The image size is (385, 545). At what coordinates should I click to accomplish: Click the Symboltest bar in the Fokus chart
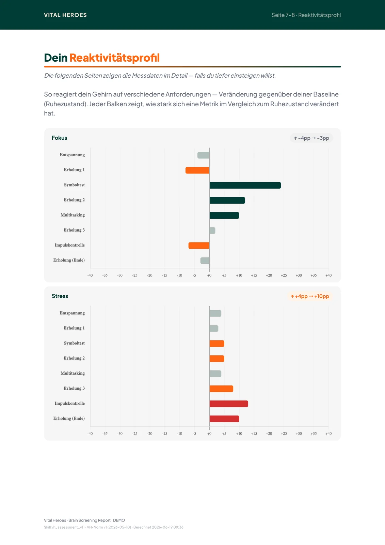(x=245, y=185)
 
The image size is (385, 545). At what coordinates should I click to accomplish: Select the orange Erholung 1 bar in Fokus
(x=197, y=170)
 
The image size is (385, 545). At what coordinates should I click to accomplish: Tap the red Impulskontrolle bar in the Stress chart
(x=229, y=404)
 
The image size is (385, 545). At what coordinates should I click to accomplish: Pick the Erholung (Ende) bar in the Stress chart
(x=224, y=419)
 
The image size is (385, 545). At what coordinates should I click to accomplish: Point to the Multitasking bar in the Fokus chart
(x=224, y=215)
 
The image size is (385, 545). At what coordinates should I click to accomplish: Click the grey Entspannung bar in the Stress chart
(x=215, y=313)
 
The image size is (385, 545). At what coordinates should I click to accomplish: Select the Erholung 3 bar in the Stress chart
(x=221, y=389)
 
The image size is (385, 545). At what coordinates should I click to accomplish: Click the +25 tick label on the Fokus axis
(x=284, y=276)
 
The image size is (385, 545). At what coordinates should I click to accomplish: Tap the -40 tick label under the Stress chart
(x=90, y=434)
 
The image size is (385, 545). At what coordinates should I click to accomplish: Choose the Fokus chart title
(x=59, y=138)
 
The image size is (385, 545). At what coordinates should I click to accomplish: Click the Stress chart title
(x=60, y=296)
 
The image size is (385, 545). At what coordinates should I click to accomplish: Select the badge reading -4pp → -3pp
(x=311, y=138)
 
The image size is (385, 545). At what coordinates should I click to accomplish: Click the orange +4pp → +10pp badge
(x=310, y=296)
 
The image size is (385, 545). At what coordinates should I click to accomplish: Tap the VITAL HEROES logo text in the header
(x=65, y=15)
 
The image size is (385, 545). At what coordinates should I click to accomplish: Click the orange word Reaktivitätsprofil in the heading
(x=115, y=58)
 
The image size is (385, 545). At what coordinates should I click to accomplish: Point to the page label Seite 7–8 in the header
(x=283, y=15)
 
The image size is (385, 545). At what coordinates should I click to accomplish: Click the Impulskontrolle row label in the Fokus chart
(x=69, y=245)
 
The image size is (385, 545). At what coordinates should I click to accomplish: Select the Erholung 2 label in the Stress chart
(x=74, y=358)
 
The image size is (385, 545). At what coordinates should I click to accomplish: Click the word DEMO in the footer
(x=119, y=520)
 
